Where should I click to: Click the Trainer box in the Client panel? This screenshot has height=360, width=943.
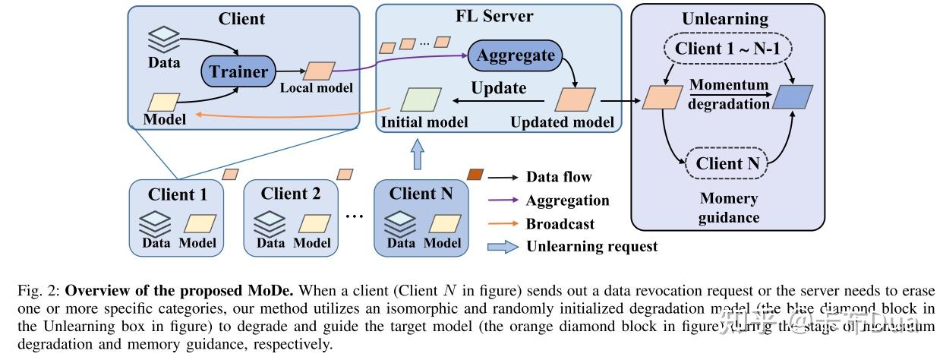[238, 72]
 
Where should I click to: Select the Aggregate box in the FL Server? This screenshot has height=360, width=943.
[516, 55]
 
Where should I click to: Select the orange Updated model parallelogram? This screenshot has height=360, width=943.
[575, 99]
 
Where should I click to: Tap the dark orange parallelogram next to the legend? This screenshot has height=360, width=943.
[475, 175]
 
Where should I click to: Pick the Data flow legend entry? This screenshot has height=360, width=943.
[558, 177]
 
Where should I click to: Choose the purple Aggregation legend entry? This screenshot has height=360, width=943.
[567, 201]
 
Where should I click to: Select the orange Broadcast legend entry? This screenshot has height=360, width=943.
[560, 224]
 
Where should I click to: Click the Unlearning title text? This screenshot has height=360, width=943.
[725, 18]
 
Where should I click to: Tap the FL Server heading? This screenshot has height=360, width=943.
[498, 16]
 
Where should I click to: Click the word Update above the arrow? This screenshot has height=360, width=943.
[498, 87]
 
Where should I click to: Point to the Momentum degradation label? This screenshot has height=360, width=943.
[728, 94]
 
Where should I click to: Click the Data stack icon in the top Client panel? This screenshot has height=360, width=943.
[163, 37]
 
